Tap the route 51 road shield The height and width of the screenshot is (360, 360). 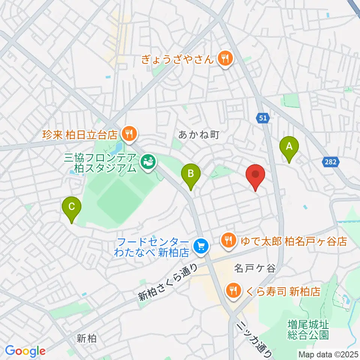coord(263,118)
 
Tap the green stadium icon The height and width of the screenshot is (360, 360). coord(147,162)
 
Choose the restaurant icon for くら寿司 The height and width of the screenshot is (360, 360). coord(233,290)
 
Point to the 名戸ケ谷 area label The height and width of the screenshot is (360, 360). coord(255,268)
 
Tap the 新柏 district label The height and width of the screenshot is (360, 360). coord(86,339)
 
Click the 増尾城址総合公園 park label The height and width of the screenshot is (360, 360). coord(308,328)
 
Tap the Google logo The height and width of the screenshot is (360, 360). coord(25,351)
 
